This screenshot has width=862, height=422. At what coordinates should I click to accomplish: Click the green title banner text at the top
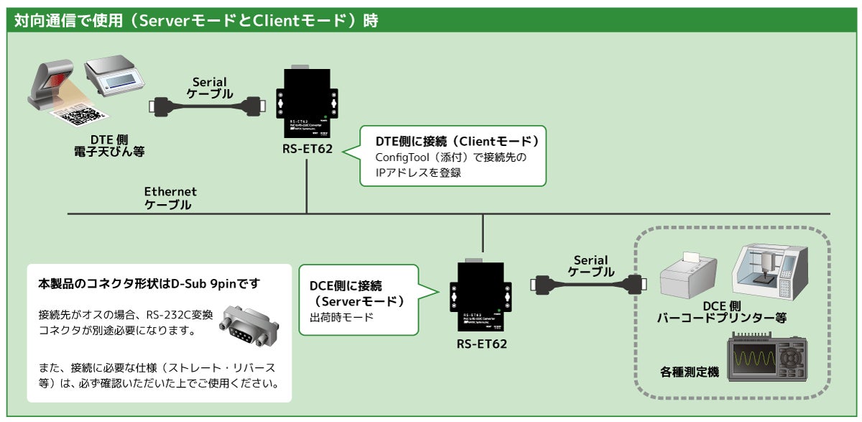tap(196, 20)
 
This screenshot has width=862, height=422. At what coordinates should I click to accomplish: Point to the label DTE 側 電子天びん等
tap(109, 146)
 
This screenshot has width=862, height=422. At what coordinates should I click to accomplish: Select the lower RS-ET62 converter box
tap(482, 295)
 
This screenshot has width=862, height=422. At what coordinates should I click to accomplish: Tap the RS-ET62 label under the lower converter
tap(482, 344)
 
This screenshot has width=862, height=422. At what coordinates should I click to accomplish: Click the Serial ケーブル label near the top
tap(210, 88)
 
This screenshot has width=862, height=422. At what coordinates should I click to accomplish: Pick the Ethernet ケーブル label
tap(170, 198)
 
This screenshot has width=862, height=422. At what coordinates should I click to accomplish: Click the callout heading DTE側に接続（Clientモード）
tap(457, 139)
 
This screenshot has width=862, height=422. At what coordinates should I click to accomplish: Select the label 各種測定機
tap(689, 372)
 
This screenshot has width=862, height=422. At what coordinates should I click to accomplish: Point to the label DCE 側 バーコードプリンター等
tap(720, 311)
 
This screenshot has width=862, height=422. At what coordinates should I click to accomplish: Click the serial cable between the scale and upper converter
tap(208, 107)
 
